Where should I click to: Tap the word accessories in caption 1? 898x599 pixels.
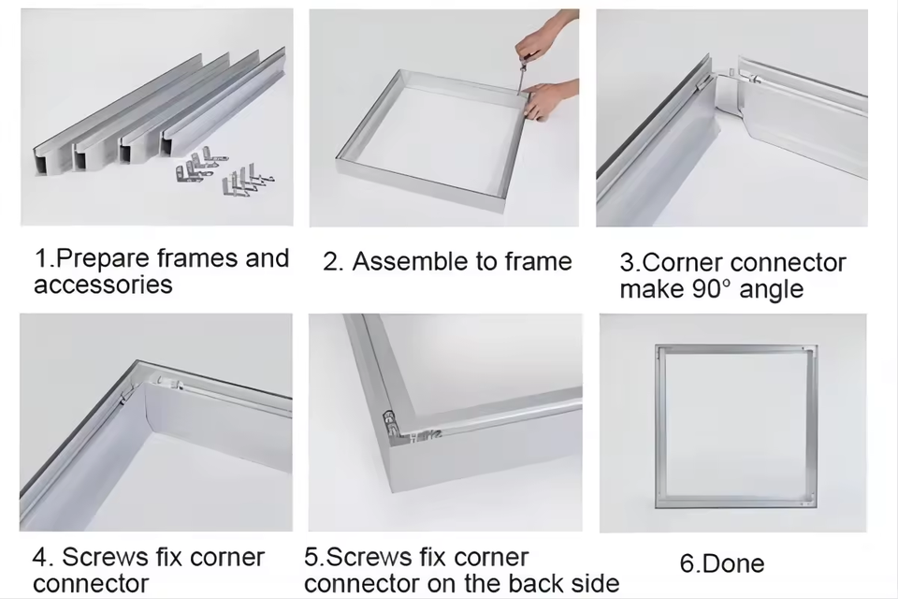click(103, 285)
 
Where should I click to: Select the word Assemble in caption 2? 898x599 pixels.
click(410, 261)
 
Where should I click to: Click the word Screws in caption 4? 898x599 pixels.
click(105, 557)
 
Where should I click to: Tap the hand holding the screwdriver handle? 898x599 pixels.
click(539, 37)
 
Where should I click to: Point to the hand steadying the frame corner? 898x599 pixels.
click(550, 98)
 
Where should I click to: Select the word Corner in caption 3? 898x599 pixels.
click(683, 262)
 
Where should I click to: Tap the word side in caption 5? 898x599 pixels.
click(596, 583)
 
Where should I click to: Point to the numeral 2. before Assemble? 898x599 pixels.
click(333, 262)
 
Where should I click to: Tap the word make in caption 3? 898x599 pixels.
click(652, 289)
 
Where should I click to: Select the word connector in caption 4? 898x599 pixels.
click(91, 583)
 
